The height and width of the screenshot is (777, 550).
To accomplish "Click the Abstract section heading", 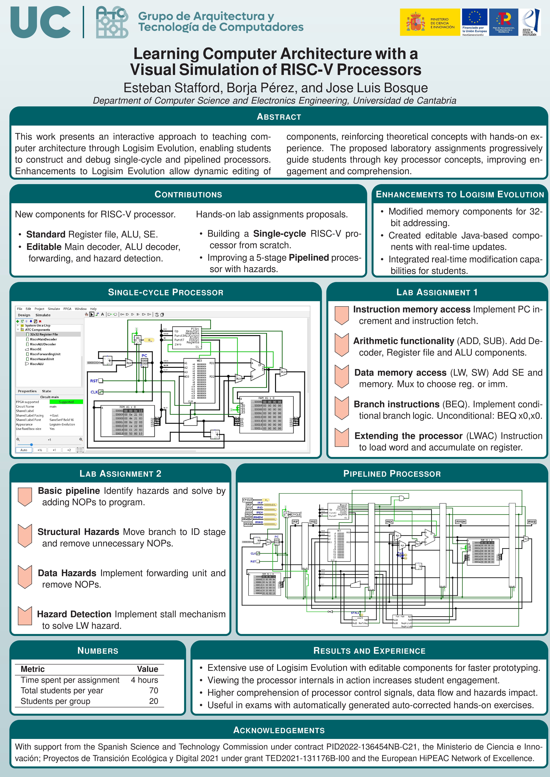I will pos(279,117).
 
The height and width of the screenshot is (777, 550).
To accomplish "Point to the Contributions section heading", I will pos(188,194).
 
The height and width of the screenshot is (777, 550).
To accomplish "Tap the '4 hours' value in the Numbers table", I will pos(144,680).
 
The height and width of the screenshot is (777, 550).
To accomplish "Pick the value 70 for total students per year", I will pos(153,690).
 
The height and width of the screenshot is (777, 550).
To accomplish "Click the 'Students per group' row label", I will pos(55,701).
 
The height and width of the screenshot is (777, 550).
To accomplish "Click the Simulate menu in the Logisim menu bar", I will pos(53,309).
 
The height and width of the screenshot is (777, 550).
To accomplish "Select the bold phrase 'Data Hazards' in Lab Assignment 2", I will pos(67,573).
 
